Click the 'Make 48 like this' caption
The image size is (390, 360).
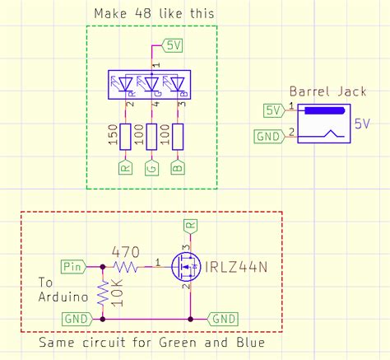(154, 14)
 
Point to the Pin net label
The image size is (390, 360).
(73, 265)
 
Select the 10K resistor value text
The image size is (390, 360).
(116, 292)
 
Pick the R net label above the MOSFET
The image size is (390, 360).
(190, 224)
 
